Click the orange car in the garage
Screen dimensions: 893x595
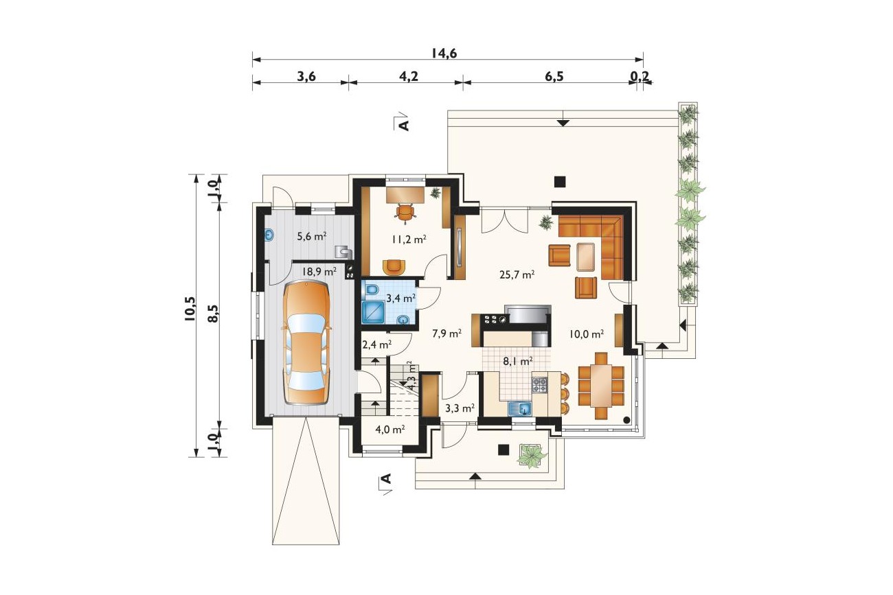306,342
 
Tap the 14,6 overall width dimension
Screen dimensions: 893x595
444,53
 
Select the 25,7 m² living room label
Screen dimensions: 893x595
517,275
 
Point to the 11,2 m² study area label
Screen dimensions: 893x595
409,240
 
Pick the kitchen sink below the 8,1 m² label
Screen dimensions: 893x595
520,408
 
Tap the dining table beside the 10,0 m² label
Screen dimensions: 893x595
601,385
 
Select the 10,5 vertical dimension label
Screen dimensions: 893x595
190,309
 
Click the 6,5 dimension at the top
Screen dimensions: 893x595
554,76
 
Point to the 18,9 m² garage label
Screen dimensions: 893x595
319,272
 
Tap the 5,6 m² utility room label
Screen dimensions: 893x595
312,236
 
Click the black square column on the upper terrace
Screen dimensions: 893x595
560,182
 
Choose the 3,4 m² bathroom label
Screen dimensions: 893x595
401,298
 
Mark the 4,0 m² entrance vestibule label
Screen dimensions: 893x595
390,430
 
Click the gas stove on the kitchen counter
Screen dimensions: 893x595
540,385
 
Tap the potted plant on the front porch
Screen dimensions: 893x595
531,456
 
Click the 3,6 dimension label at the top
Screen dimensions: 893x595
306,76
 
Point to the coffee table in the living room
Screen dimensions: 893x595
586,257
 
